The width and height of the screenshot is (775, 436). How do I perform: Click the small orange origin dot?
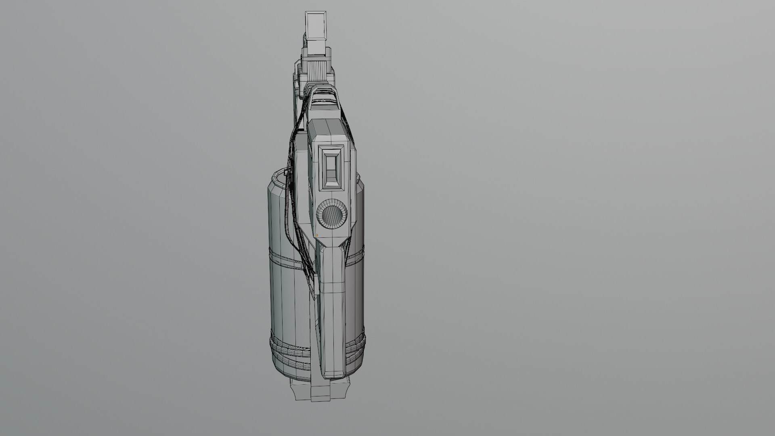(316, 235)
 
